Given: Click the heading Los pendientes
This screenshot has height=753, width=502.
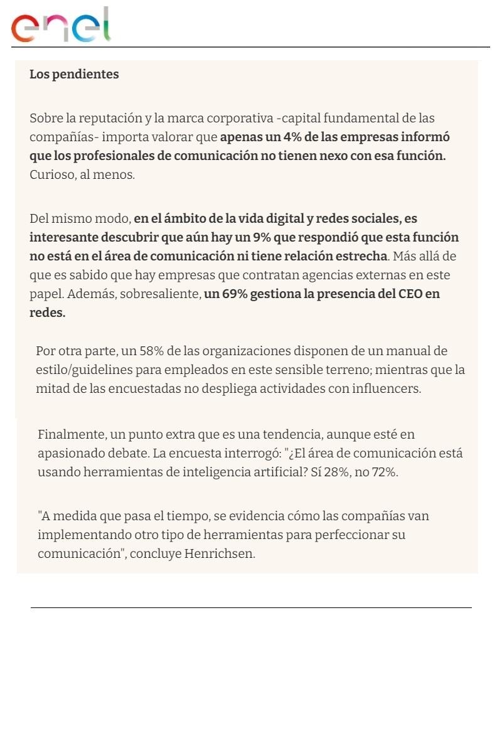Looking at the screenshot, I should pos(74,74).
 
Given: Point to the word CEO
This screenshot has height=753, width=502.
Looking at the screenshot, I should pos(410,294).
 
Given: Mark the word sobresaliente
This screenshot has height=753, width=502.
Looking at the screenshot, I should pos(162,294).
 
